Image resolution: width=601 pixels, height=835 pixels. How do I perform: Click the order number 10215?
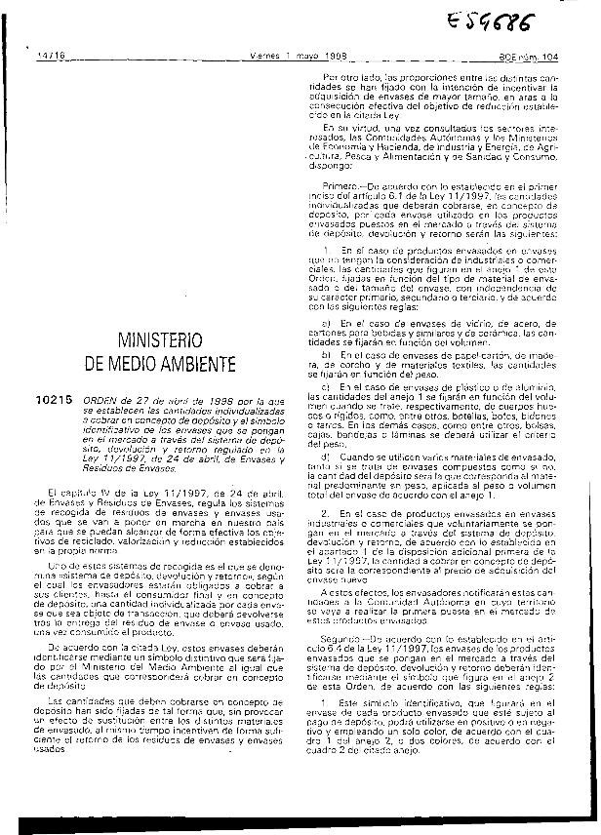(52, 400)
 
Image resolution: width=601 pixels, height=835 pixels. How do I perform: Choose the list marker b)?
(326, 356)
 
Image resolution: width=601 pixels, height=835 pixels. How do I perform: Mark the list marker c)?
(326, 389)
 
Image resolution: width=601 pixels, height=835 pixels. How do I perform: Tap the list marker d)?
(326, 457)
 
